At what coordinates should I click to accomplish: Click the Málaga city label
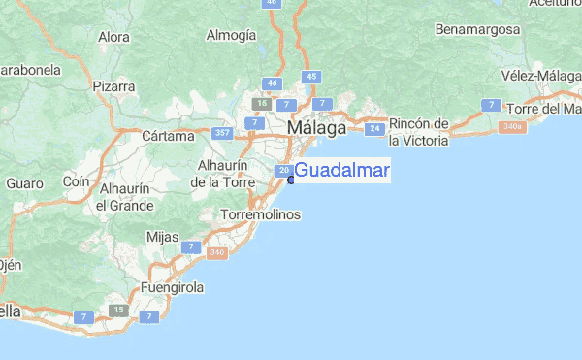pos(316,127)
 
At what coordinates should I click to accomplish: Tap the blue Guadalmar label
pos(341,172)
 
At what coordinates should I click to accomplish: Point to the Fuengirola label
pos(173,288)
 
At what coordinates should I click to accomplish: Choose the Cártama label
pos(168,136)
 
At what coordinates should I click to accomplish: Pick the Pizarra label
pos(113,86)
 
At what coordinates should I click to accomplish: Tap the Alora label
pos(113,38)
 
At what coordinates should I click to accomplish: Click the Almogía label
pos(231,36)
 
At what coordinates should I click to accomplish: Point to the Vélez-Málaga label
pos(541,76)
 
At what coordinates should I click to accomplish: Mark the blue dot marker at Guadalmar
pos(290,180)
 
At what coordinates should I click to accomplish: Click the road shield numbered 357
pos(222,133)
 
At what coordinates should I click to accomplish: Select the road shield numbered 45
pos(311,76)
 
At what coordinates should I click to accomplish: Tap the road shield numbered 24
pos(373,128)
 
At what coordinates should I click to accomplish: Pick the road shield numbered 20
pos(283,171)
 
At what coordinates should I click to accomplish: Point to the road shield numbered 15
pos(119,310)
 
